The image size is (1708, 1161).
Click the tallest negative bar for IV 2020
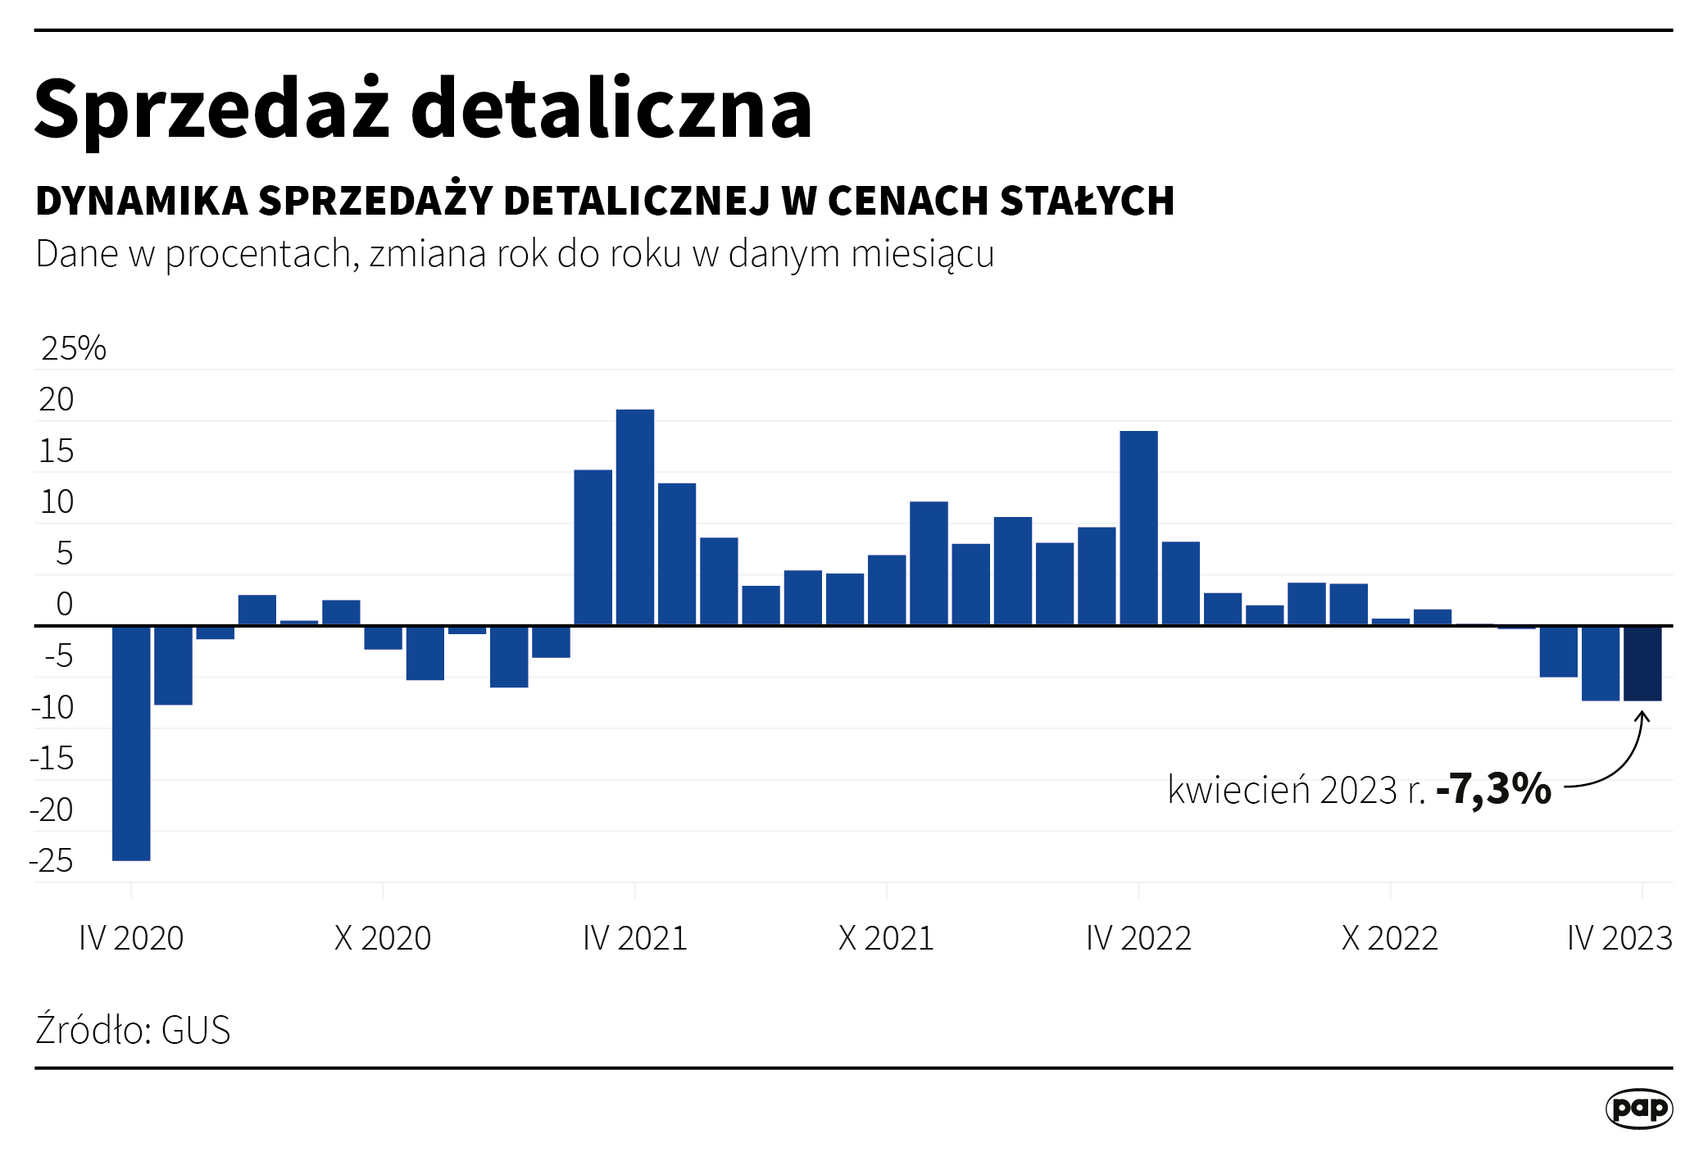131,742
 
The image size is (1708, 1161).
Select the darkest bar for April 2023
1642,663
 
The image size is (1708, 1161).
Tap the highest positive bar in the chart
635,517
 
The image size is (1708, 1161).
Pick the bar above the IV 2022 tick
1138,528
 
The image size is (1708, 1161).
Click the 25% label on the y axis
74,348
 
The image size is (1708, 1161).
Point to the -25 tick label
52,861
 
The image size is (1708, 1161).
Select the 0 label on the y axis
64,605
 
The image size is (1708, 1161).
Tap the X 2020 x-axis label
383,938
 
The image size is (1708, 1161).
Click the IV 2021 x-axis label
635,938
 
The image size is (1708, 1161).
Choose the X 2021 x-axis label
886,938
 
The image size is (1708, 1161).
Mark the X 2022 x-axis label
1390,938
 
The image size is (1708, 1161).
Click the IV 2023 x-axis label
1619,938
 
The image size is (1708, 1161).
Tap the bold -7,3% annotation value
1494,789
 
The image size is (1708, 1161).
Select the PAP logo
1639,1109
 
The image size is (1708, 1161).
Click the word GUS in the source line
196,1031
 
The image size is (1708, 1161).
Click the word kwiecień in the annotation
1238,790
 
